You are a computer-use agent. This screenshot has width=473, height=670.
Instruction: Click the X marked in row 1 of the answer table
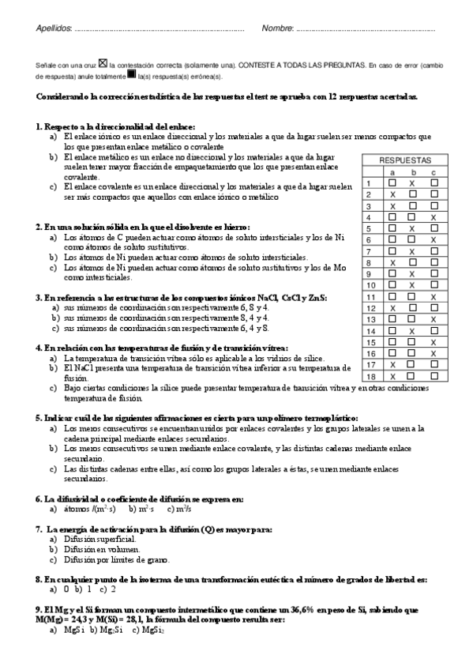pos(412,183)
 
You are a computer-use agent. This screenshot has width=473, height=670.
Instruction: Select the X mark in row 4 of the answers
pos(434,216)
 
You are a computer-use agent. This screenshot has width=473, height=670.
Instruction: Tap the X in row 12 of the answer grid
pos(392,308)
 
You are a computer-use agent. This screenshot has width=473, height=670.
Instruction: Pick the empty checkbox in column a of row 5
pos(392,228)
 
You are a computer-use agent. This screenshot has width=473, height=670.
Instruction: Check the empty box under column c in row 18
pos(434,377)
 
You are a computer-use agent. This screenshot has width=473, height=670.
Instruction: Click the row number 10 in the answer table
pos(370,285)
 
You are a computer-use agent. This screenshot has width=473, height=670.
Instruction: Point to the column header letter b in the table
pos(412,171)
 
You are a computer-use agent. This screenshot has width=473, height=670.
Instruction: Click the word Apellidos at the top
pos(53,30)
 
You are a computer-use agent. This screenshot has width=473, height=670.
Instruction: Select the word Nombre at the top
pos(277,30)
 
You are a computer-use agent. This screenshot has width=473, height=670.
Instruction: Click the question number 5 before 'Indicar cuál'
pos(39,417)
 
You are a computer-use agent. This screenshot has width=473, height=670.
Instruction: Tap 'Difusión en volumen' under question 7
pos(103,549)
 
